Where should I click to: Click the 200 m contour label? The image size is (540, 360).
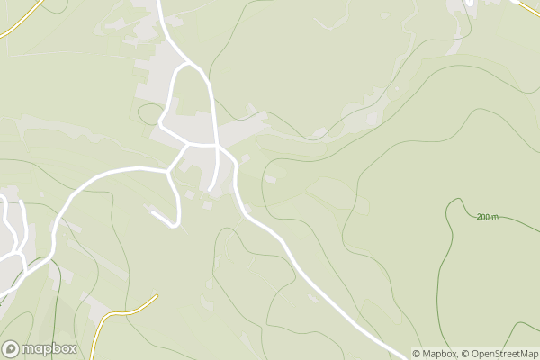pos(488,217)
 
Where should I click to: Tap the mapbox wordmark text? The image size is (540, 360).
pos(49,349)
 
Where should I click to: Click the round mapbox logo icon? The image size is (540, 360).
pos(11,349)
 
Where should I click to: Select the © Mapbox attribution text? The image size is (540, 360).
pos(436,354)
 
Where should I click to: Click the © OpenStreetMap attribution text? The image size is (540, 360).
pos(500,354)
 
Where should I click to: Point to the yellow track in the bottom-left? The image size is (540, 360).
pos(126,311)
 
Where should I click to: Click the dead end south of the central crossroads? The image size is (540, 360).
pos(211,190)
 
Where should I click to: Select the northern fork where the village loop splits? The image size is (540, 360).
pos(187,64)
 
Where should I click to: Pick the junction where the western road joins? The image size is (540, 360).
pos(169,168)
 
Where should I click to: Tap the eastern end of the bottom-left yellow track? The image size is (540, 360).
pos(157,296)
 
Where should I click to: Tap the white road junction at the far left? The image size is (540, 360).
pos(22,253)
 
